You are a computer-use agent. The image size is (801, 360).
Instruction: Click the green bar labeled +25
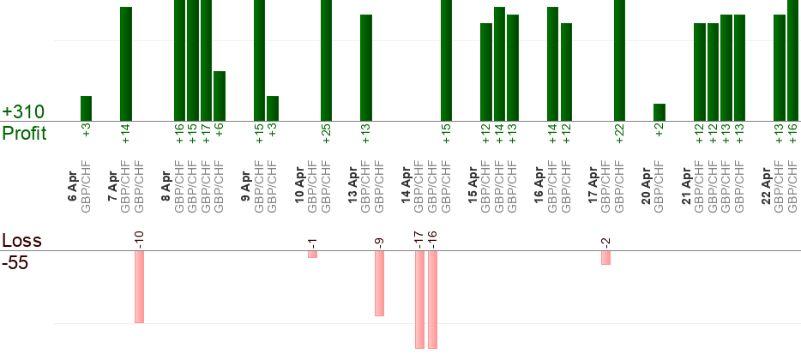(326, 60)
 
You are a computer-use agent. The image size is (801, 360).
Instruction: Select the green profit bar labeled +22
(619, 60)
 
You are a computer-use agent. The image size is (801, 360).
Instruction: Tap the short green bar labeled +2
(659, 112)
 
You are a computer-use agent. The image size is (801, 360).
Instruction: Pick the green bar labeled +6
(219, 96)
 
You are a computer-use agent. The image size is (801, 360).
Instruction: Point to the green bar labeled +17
(206, 60)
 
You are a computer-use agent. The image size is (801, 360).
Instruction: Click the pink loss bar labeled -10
(139, 286)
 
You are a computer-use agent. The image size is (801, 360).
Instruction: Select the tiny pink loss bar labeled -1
(312, 255)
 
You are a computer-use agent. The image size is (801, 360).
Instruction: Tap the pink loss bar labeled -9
(379, 283)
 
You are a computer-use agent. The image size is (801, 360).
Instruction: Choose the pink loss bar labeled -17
(419, 299)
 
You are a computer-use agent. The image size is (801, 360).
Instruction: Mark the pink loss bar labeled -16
(432, 299)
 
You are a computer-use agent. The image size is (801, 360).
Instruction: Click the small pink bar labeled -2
(605, 258)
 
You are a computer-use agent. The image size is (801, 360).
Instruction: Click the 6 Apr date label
(72, 184)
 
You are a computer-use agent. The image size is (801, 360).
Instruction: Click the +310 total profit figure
(23, 112)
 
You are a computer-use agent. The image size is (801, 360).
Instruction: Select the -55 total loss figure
(15, 262)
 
